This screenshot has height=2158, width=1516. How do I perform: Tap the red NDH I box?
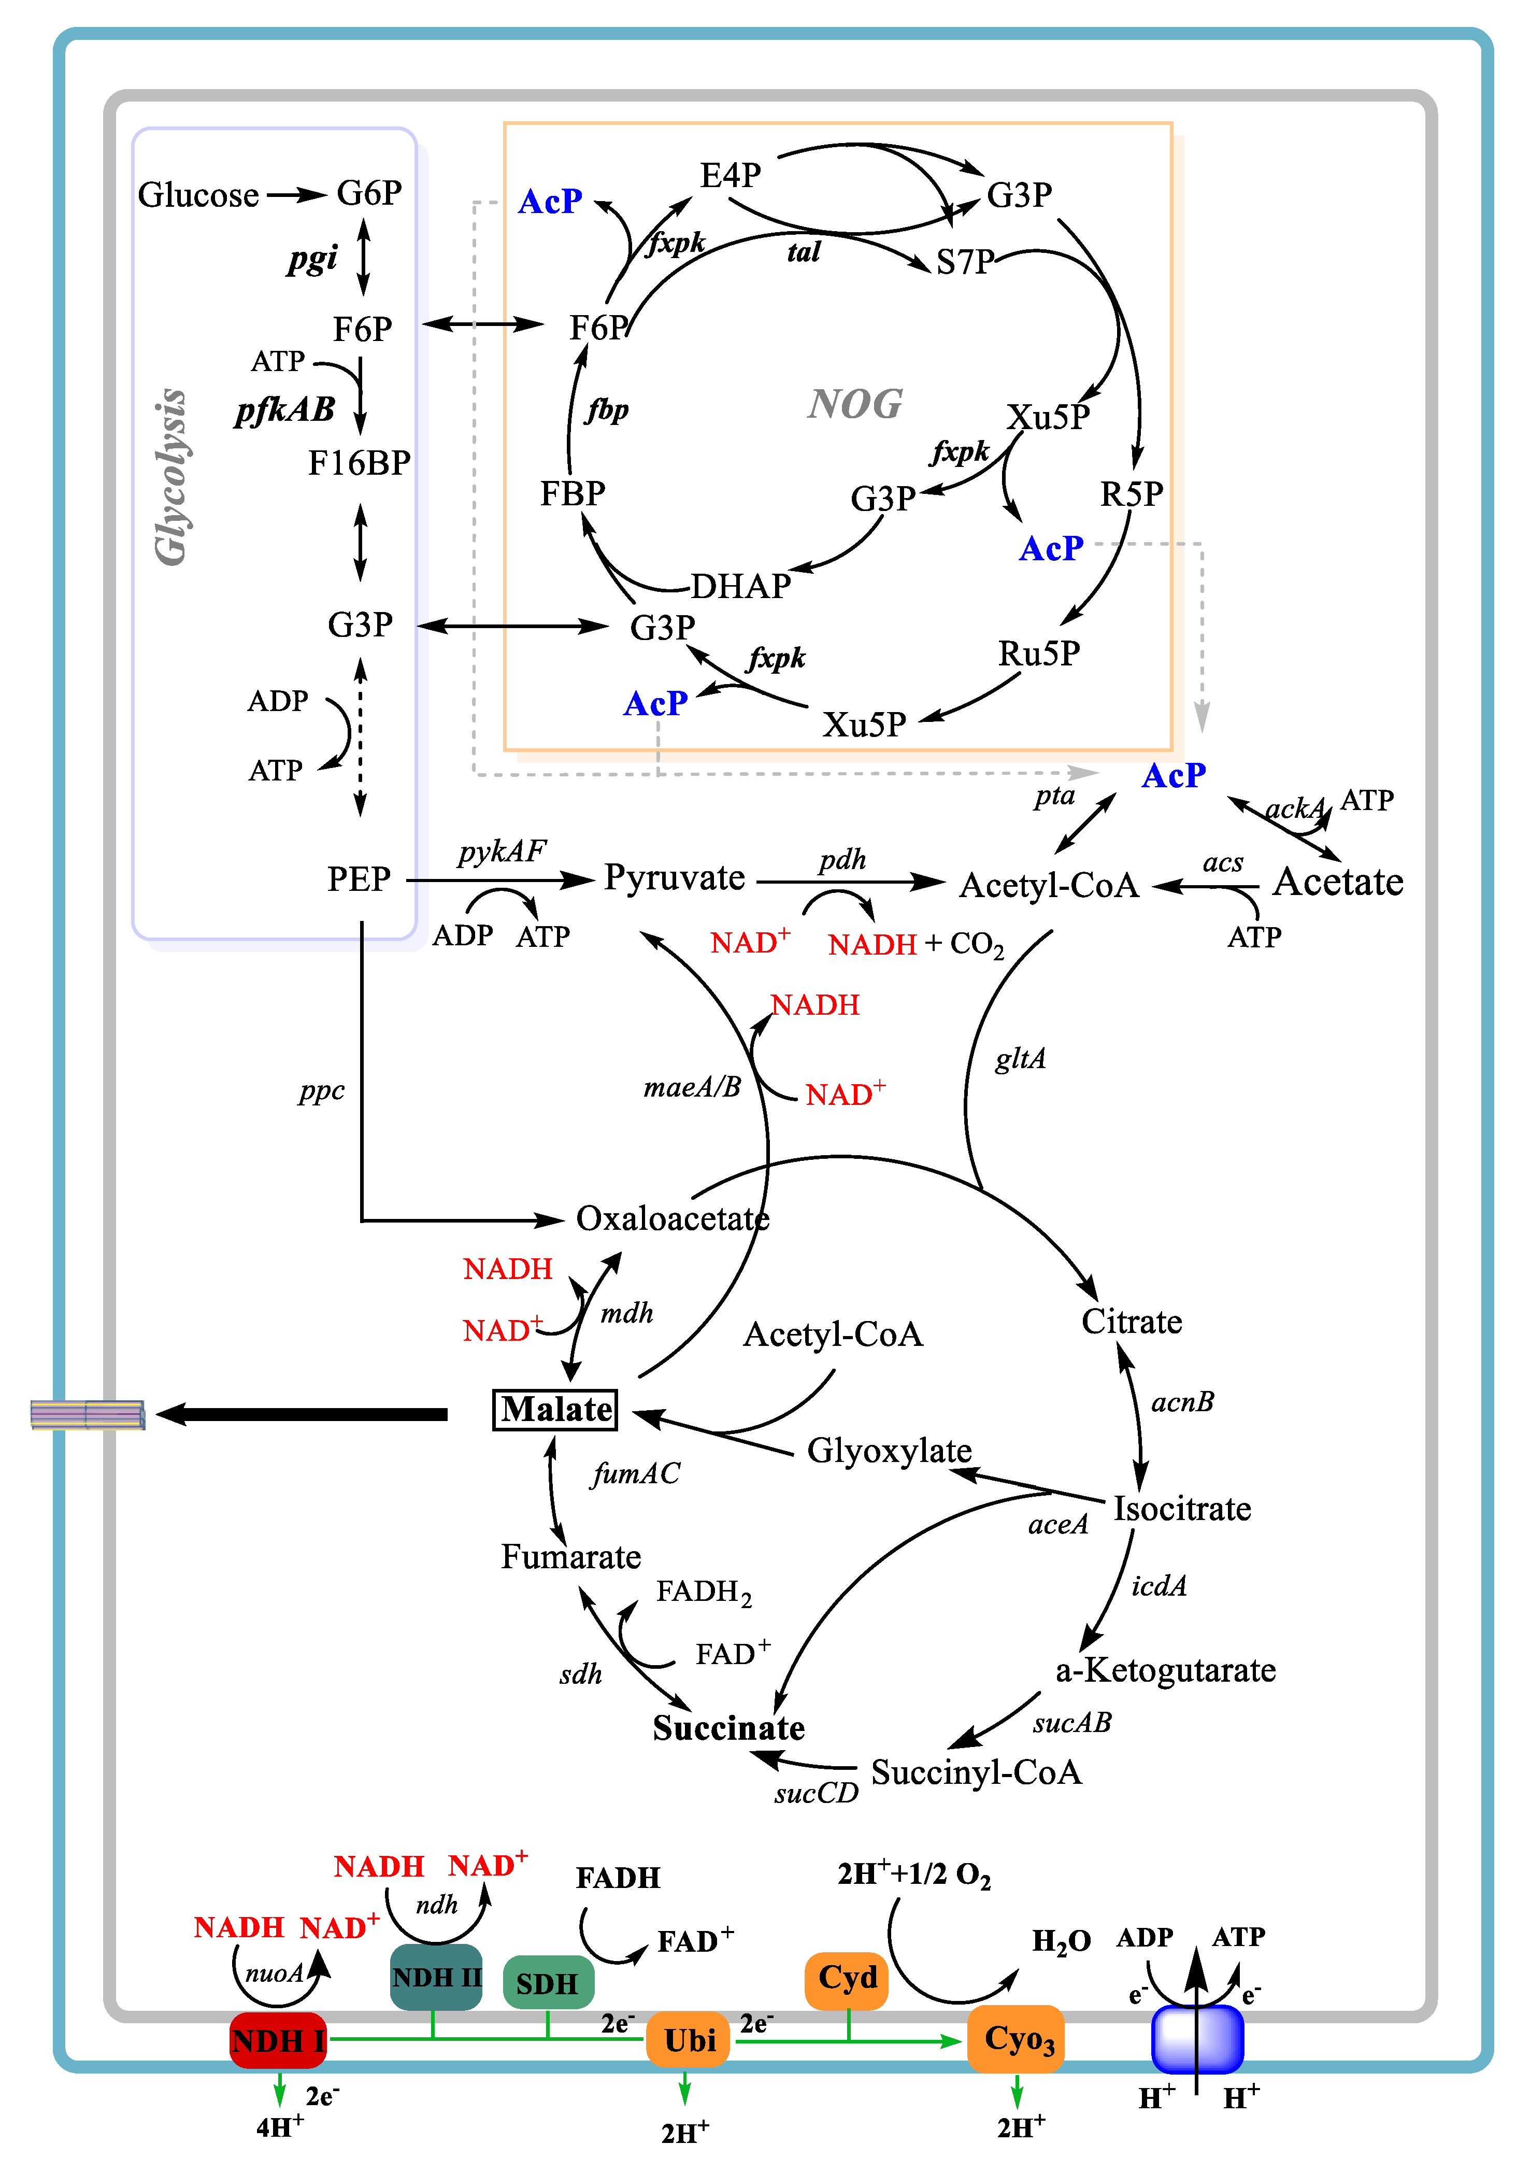[x=278, y=2040]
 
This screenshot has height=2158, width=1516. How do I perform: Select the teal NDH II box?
[x=436, y=1978]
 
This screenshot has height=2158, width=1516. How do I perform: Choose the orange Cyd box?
[x=847, y=1978]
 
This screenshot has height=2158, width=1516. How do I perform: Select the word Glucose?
[x=198, y=194]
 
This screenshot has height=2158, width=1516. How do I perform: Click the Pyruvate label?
[x=674, y=878]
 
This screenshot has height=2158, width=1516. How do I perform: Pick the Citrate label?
[x=1132, y=1322]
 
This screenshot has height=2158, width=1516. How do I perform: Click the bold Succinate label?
[x=728, y=1727]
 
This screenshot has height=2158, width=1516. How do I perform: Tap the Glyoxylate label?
[x=889, y=1450]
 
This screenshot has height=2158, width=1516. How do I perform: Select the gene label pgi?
[x=312, y=259]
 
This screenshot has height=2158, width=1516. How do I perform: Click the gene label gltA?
[x=1020, y=1059]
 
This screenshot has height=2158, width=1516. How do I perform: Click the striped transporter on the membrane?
[x=88, y=1414]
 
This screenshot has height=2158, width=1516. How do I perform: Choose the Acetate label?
[x=1337, y=882]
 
